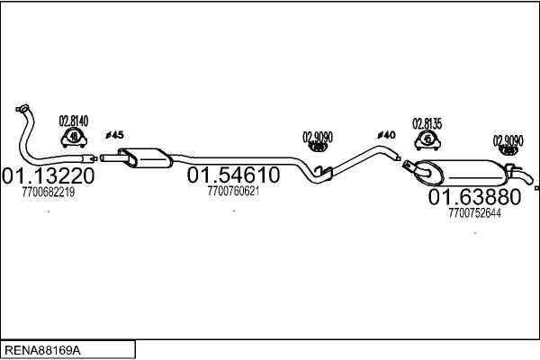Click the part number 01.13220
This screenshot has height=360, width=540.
(x=48, y=175)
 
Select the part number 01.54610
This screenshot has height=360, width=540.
(x=233, y=175)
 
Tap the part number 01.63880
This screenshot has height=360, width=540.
(x=474, y=197)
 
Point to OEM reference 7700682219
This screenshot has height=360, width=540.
(x=49, y=192)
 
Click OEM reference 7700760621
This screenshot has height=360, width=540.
(x=233, y=191)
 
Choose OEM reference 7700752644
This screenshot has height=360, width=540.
(x=474, y=213)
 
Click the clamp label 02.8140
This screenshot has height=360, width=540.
(x=74, y=121)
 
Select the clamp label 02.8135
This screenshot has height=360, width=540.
(x=427, y=123)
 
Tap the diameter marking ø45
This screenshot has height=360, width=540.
(x=114, y=135)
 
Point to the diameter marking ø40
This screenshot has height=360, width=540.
(x=386, y=135)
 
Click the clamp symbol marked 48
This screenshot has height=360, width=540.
(x=74, y=138)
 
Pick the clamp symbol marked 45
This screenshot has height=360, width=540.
(x=427, y=140)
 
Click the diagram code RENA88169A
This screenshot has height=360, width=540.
(x=42, y=350)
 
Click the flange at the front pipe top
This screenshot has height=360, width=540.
(x=22, y=108)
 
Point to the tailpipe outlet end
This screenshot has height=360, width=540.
(x=530, y=179)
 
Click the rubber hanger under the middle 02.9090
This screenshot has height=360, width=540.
(x=317, y=148)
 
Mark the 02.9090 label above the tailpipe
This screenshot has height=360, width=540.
(x=508, y=140)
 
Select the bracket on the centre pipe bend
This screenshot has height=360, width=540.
(x=323, y=172)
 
